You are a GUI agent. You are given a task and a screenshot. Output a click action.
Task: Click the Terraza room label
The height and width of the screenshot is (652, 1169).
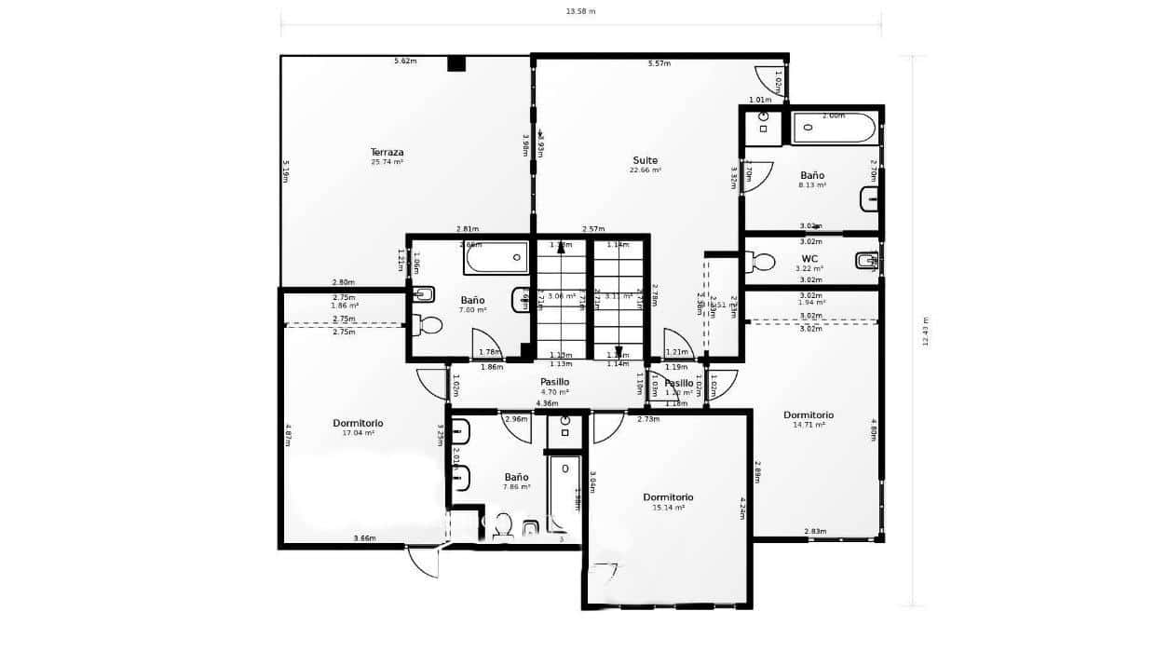pyautogui.click(x=387, y=152)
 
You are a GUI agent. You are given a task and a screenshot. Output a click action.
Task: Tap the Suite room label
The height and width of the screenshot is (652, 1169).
pyautogui.click(x=645, y=160)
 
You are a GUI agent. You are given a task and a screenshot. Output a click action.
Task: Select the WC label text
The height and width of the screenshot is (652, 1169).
pyautogui.click(x=809, y=258)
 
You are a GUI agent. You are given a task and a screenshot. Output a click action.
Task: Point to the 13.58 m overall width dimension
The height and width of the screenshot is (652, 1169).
pyautogui.click(x=580, y=12)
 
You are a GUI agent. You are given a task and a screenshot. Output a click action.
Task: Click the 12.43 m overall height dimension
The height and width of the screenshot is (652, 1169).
pyautogui.click(x=926, y=332)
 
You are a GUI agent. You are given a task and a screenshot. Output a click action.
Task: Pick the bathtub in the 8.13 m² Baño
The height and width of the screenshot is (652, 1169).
pyautogui.click(x=834, y=129)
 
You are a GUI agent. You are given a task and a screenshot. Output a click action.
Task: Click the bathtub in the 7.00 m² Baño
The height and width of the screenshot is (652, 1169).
pyautogui.click(x=497, y=257)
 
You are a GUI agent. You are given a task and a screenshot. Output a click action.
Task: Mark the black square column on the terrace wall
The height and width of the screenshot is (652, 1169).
pyautogui.click(x=455, y=63)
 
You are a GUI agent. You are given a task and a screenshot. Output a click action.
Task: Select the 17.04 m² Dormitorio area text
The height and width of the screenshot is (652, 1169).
pyautogui.click(x=358, y=433)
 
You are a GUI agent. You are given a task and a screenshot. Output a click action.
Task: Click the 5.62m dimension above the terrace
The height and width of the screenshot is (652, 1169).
pyautogui.click(x=405, y=61)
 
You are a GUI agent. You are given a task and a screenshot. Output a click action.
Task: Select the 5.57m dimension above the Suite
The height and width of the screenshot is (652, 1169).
pyautogui.click(x=659, y=63)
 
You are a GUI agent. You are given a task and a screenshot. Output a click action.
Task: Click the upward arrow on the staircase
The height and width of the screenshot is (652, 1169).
pyautogui.click(x=562, y=246)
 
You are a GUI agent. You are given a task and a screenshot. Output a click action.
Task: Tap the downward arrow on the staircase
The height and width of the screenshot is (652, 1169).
pyautogui.click(x=618, y=352)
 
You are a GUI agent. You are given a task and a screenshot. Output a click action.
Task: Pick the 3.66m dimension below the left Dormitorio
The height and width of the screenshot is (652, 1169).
pyautogui.click(x=364, y=538)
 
